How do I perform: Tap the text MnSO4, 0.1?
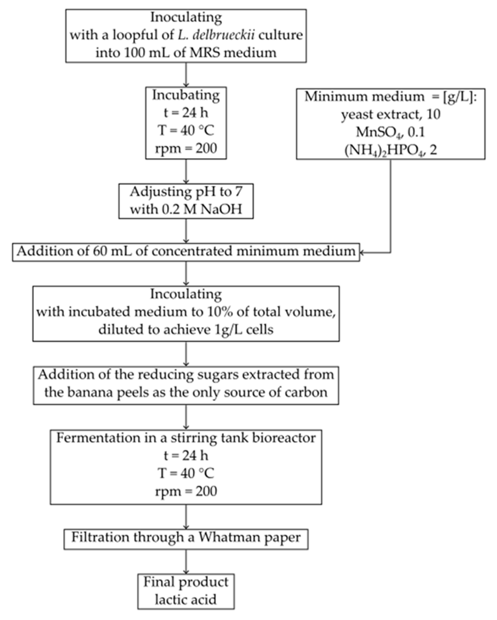(390, 132)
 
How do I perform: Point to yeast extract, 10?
(390, 114)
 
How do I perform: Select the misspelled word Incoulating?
(186, 294)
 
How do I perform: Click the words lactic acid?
(186, 600)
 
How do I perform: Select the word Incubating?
(186, 95)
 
